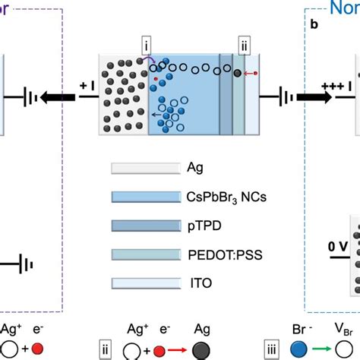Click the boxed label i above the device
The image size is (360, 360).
click(147, 44)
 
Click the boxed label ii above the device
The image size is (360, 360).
click(243, 44)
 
